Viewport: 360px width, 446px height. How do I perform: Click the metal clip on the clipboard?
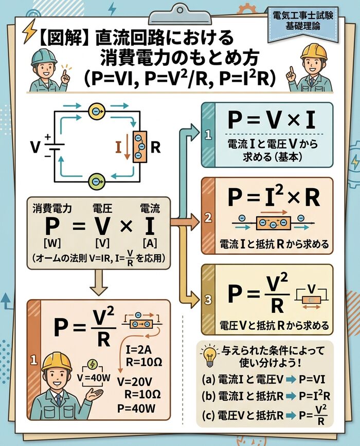[179, 10]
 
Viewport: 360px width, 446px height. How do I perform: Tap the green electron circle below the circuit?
[96, 181]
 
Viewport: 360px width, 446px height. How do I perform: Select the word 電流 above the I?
[150, 208]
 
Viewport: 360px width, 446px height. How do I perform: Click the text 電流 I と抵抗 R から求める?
[274, 243]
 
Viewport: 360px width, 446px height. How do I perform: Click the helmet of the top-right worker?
[314, 51]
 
